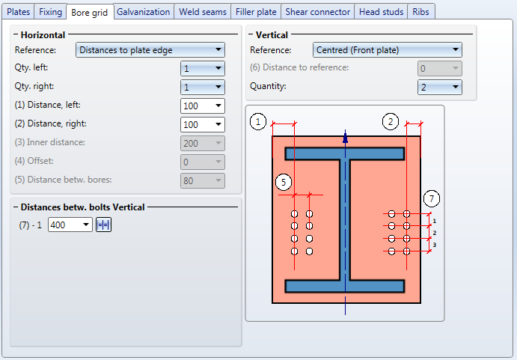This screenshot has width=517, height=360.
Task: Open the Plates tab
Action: (18, 12)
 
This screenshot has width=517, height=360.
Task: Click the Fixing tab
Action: (50, 12)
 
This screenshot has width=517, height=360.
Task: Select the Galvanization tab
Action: (144, 12)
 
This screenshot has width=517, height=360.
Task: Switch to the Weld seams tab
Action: (203, 12)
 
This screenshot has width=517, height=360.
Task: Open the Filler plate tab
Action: (256, 12)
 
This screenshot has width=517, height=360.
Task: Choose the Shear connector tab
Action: (317, 12)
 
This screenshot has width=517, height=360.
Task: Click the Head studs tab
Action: (381, 12)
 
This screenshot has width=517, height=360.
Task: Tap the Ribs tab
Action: (420, 12)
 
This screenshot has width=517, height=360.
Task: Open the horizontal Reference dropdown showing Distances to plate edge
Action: (150, 50)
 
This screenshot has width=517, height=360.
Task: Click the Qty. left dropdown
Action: (203, 69)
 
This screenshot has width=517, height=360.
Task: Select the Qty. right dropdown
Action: (203, 87)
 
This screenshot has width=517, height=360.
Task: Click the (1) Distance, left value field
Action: (203, 106)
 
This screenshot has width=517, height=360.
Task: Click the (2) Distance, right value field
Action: (203, 125)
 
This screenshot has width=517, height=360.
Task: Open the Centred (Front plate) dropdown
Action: (387, 50)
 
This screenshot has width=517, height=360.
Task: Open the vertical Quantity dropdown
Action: (439, 87)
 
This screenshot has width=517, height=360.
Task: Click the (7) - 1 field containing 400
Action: (70, 225)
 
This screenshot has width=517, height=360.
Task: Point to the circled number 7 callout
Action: (431, 198)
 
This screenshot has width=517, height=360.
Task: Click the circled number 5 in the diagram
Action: (284, 183)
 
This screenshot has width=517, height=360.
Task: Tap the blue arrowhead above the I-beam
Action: (345, 137)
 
